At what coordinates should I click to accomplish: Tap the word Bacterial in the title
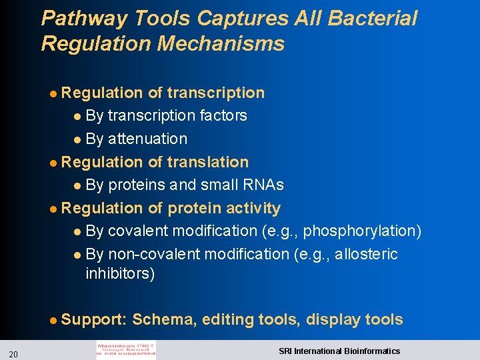372,19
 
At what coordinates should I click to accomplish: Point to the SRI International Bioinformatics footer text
339,351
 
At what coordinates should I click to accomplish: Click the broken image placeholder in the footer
126,351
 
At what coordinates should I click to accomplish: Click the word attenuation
147,139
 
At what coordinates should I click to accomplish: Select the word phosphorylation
363,231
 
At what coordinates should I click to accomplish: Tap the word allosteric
367,255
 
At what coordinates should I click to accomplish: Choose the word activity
253,209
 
